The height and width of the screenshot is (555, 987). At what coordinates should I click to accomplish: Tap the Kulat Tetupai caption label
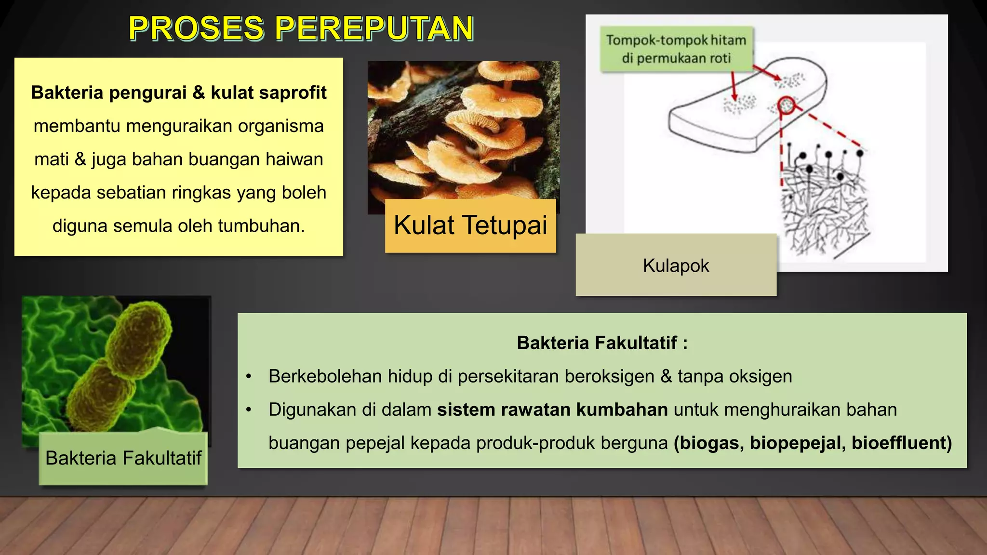470,225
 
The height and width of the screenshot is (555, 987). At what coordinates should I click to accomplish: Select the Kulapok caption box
676,265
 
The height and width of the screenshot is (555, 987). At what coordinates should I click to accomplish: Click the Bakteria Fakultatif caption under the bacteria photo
123,458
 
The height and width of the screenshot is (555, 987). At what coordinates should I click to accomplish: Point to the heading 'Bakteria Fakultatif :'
602,343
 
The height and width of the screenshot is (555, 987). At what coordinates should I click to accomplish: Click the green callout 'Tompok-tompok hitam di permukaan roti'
676,49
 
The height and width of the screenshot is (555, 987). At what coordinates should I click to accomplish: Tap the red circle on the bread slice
786,105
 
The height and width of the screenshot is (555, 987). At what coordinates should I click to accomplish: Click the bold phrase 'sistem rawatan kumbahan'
552,410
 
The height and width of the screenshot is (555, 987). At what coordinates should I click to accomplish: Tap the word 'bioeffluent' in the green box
901,443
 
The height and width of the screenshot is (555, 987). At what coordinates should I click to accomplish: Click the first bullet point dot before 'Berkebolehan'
249,377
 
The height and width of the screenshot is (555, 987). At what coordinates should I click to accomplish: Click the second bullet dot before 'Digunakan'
249,410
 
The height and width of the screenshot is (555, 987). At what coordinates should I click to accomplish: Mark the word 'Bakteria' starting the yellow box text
67,92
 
